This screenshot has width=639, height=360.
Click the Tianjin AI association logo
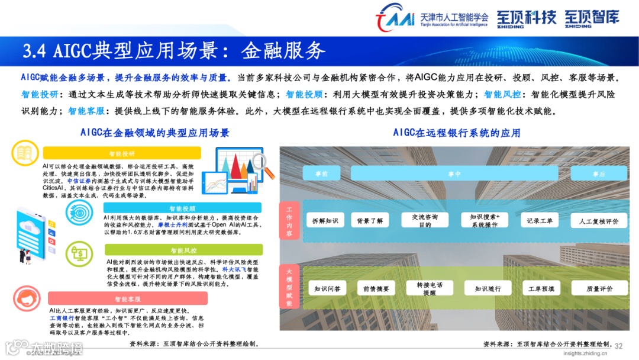(x=395, y=18)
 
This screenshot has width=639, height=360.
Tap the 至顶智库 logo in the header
(x=592, y=18)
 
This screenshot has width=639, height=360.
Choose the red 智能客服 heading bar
(x=128, y=299)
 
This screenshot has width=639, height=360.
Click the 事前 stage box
(x=321, y=173)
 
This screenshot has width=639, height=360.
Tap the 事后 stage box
(x=599, y=173)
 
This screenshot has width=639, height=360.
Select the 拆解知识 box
(x=325, y=221)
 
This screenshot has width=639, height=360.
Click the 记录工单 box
(x=540, y=221)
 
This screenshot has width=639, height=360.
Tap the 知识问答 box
(x=327, y=289)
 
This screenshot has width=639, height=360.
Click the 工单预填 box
(x=541, y=289)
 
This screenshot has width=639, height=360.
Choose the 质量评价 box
(x=599, y=289)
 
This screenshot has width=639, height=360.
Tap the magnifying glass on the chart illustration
(x=263, y=163)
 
